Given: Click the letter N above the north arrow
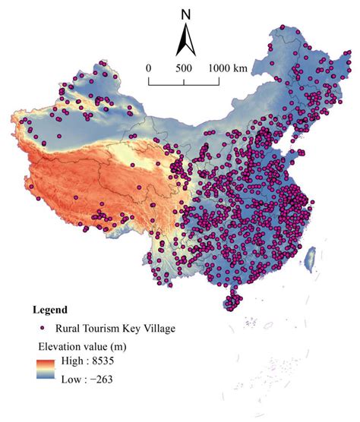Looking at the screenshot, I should (186, 14).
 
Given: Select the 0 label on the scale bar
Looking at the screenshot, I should (149, 68).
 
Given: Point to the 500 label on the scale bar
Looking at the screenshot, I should (183, 68).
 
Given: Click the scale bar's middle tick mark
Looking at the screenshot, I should (183, 78).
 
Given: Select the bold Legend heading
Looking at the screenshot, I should (50, 310).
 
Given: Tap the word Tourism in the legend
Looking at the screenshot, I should (103, 328).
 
